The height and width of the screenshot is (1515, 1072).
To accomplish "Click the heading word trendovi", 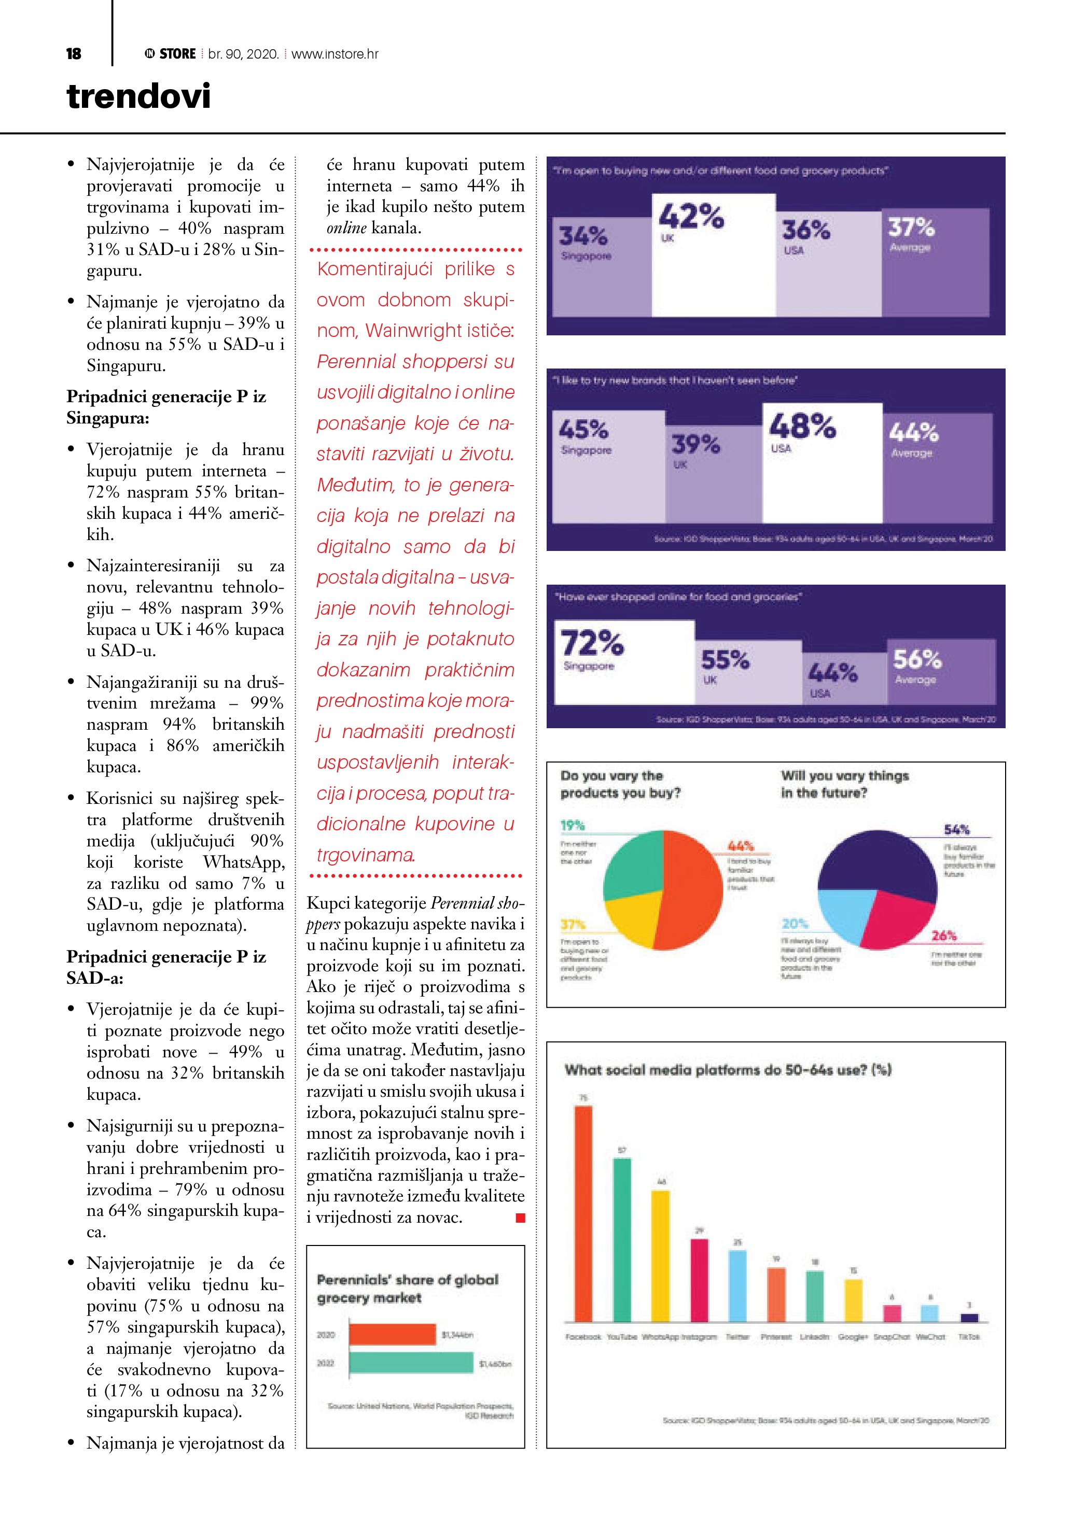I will pyautogui.click(x=138, y=96).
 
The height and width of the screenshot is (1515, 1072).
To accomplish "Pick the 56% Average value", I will pyautogui.click(x=917, y=659).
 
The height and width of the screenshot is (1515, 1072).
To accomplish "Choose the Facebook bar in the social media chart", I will pyautogui.click(x=583, y=1214).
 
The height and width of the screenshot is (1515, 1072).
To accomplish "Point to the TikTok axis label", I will pyautogui.click(x=969, y=1337).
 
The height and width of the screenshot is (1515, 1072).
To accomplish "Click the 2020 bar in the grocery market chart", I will pyautogui.click(x=392, y=1334).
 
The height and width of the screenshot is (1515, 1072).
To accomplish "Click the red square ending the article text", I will pyautogui.click(x=520, y=1218).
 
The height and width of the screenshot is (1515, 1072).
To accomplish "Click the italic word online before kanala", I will pyautogui.click(x=346, y=228).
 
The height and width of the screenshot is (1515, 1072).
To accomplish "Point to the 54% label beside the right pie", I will pyautogui.click(x=956, y=829).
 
